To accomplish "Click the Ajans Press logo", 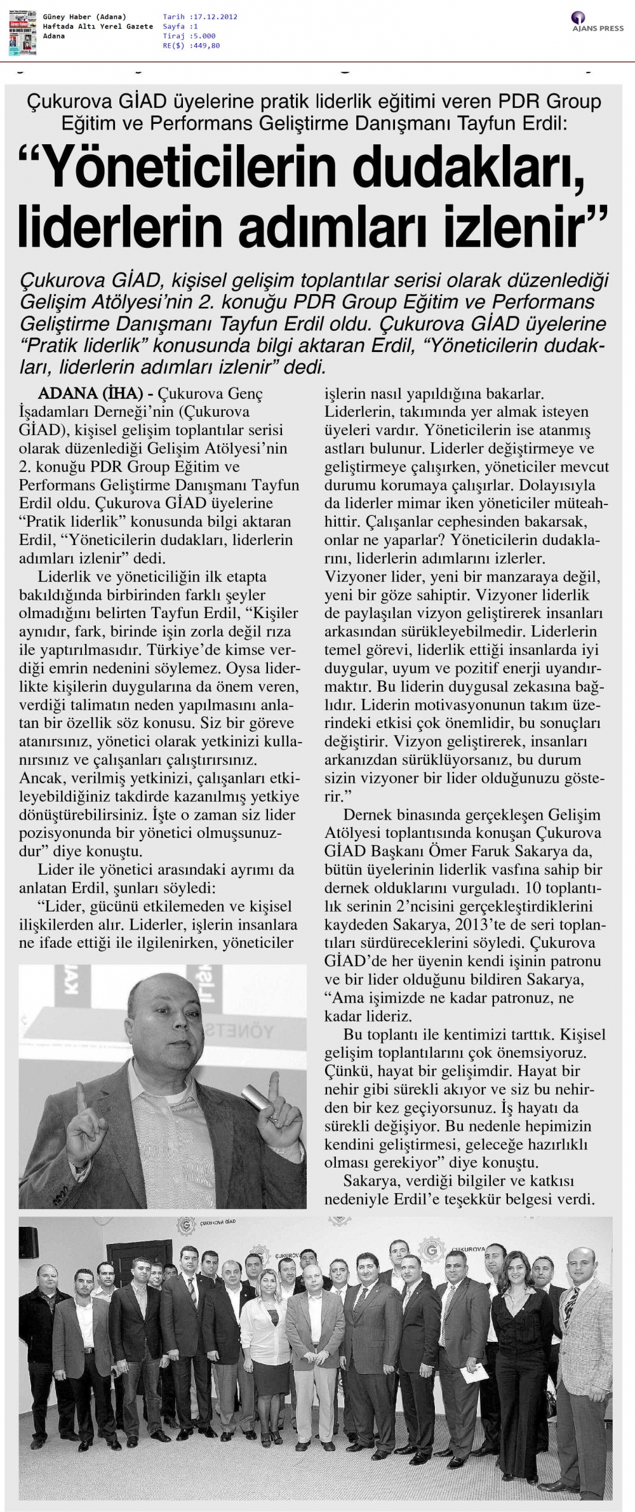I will pos(596,22).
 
